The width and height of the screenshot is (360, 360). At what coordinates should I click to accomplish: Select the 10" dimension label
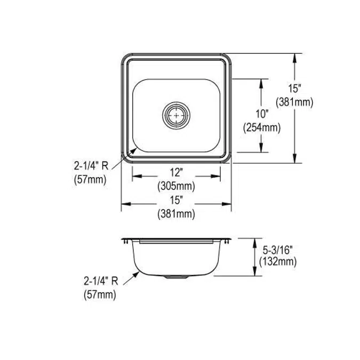click(x=262, y=114)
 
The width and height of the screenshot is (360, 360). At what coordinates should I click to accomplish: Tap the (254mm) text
click(x=262, y=127)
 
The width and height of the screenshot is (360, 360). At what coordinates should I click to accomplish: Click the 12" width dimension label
click(x=176, y=172)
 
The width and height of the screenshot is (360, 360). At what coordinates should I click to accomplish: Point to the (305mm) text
click(x=176, y=186)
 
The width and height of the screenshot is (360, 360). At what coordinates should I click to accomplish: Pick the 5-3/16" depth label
click(x=278, y=250)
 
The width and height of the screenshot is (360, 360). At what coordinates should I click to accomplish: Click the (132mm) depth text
click(x=278, y=261)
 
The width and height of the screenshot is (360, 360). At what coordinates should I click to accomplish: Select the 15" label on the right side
click(x=295, y=89)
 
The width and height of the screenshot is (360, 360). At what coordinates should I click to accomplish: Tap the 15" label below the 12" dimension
click(x=176, y=200)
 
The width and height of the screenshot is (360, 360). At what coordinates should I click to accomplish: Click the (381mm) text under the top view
click(x=176, y=214)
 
